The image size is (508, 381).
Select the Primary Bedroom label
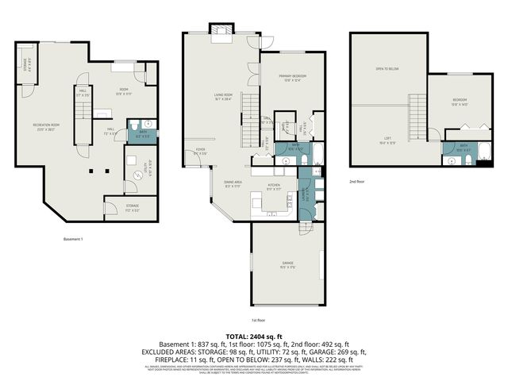pyautogui.click(x=293, y=77)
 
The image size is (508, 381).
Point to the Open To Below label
pyautogui.click(x=387, y=69)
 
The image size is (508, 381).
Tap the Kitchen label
pyautogui.click(x=273, y=187)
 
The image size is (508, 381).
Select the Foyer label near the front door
pyautogui.click(x=202, y=152)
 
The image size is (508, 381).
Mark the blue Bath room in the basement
pyautogui.click(x=143, y=134)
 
